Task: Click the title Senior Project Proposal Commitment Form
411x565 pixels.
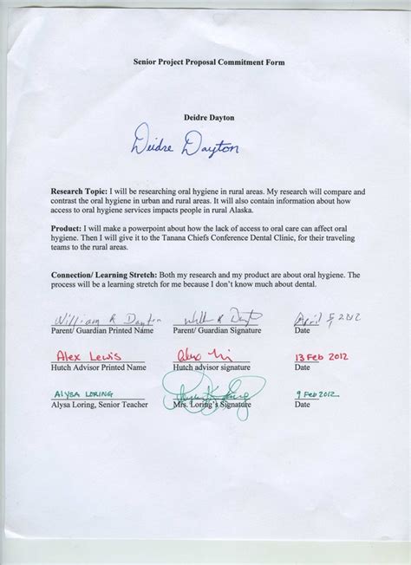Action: pos(208,63)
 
